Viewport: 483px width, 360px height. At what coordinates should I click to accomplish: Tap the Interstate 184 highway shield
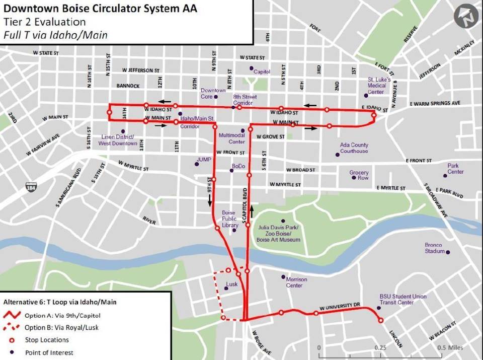pyautogui.click(x=31, y=187)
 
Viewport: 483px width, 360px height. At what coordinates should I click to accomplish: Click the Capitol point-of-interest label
pyautogui.click(x=262, y=71)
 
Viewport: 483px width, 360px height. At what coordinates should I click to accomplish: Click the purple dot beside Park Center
pyautogui.click(x=446, y=175)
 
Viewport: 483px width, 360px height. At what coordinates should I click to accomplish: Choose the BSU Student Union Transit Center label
pyautogui.click(x=403, y=300)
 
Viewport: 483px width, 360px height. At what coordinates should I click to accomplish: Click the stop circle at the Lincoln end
pyautogui.click(x=380, y=320)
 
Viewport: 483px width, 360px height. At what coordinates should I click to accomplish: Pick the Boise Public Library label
pyautogui.click(x=229, y=219)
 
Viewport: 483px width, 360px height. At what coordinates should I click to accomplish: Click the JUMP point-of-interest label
pyautogui.click(x=204, y=160)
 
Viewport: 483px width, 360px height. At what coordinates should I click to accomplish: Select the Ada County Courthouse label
pyautogui.click(x=354, y=148)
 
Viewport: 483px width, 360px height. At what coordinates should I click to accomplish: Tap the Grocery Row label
pyautogui.click(x=359, y=175)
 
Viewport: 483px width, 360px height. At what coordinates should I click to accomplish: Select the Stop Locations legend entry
pyautogui.click(x=47, y=340)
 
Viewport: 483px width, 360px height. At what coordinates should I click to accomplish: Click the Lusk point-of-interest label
pyautogui.click(x=232, y=284)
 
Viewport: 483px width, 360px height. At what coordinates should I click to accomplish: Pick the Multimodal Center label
pyautogui.click(x=229, y=138)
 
